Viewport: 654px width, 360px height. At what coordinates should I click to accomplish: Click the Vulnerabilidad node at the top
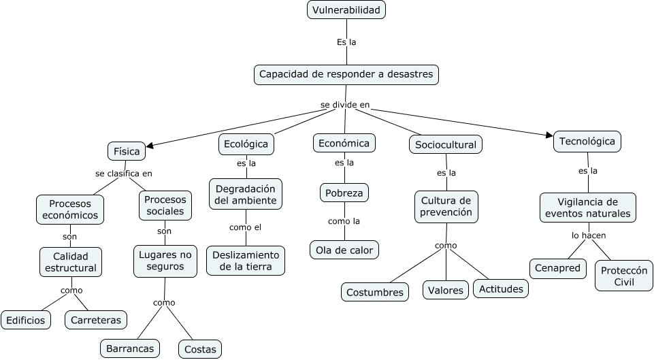point(346,10)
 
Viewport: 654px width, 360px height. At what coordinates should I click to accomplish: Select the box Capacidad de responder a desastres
point(346,74)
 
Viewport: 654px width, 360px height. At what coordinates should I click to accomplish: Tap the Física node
point(127,151)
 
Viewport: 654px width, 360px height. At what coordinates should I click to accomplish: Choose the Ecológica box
point(246,144)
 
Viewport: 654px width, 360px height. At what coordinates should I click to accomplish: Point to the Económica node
point(344,143)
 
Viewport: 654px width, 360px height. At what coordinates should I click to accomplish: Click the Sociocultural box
point(446,144)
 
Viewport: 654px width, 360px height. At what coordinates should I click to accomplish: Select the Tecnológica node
point(587,142)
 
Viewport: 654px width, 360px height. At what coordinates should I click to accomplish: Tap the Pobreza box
point(344,193)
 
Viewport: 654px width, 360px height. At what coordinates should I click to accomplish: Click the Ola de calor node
point(344,250)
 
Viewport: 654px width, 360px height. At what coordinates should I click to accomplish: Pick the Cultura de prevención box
point(446,206)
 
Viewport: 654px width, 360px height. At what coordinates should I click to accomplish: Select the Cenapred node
point(558,268)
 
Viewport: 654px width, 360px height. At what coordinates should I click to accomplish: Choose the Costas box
point(200,349)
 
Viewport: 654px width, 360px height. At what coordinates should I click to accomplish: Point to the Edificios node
point(26,320)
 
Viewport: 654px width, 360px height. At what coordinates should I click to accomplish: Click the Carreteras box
point(95,320)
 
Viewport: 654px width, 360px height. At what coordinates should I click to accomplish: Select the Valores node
point(446,290)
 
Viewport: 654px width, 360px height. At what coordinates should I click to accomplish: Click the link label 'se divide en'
point(345,105)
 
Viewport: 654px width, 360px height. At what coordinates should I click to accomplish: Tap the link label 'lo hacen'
point(589,235)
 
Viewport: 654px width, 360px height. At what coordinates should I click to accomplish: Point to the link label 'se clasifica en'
point(124,174)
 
